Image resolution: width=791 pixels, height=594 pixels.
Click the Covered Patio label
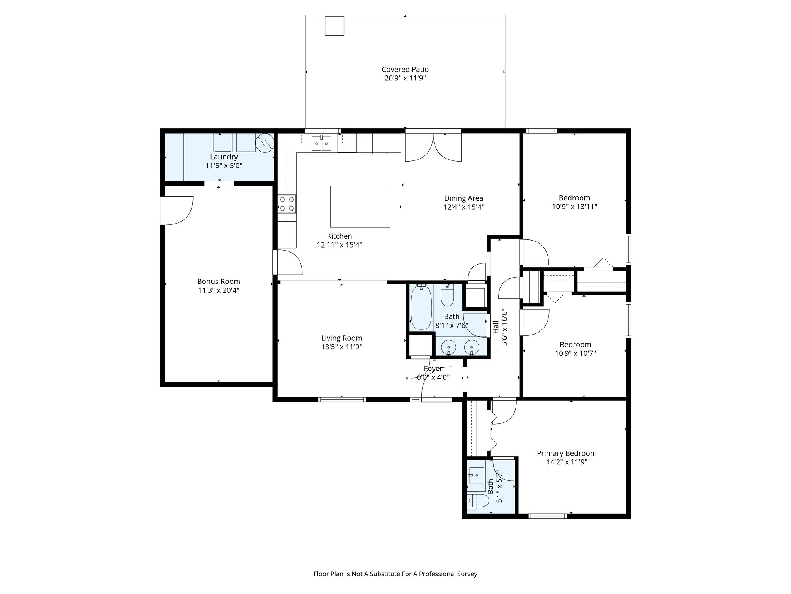405,70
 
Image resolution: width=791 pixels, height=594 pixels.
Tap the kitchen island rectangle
360,207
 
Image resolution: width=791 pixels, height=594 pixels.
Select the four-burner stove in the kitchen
287,204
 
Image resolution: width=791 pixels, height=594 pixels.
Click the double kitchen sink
321,144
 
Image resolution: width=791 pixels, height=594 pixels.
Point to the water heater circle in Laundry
265,143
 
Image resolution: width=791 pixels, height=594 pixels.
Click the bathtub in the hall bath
421,307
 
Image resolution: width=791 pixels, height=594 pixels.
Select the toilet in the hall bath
448,296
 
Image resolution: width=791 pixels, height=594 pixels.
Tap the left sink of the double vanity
449,347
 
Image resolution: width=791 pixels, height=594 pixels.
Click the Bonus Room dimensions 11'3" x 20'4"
219,290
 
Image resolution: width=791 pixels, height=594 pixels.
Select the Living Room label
341,338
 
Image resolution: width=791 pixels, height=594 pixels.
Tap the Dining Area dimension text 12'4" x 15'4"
463,207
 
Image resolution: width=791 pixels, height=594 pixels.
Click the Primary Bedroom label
567,453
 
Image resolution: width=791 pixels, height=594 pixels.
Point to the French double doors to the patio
433,148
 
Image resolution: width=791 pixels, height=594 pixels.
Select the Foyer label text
433,369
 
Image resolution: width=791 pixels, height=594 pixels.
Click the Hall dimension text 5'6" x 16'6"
504,327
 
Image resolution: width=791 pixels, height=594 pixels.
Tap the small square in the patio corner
334,26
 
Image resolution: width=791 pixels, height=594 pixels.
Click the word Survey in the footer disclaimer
467,574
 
